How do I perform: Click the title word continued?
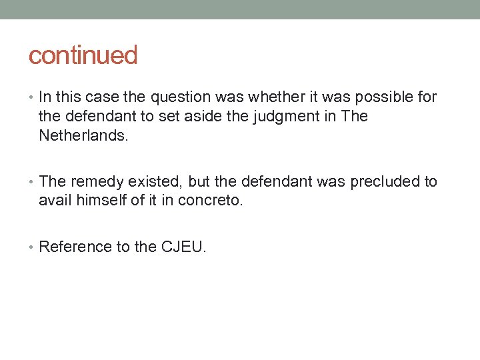click(x=83, y=55)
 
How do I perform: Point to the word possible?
click(x=384, y=97)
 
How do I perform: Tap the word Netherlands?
click(x=83, y=136)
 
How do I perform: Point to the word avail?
click(x=54, y=200)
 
